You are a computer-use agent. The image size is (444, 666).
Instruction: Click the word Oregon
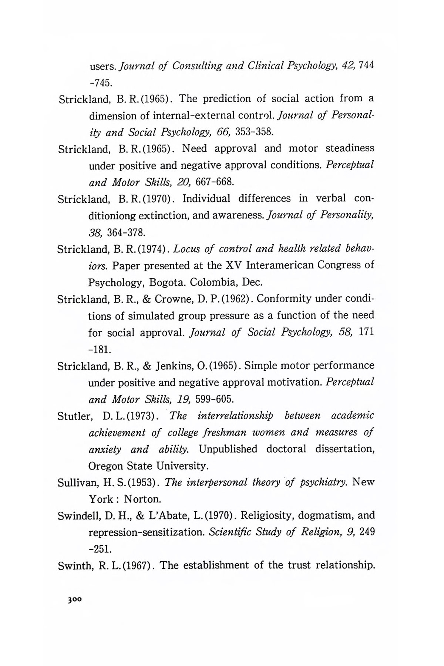[x=106, y=465]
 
